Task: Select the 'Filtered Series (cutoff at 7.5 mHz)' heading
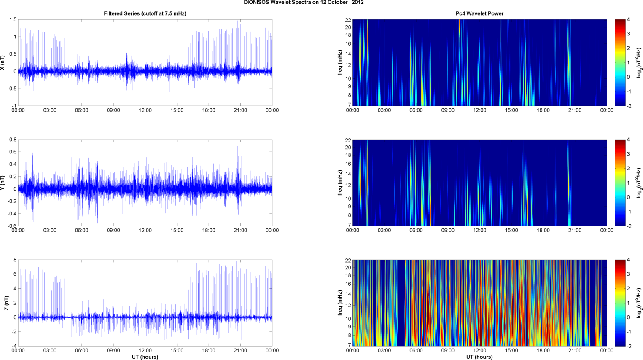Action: click(145, 13)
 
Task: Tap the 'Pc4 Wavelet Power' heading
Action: click(479, 13)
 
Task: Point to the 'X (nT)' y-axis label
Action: click(3, 62)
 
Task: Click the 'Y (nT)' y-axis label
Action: click(3, 183)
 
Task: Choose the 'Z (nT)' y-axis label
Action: click(6, 303)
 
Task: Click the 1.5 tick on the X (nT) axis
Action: click(13, 20)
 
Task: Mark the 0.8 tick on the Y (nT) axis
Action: click(13, 140)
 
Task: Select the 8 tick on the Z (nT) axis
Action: click(15, 260)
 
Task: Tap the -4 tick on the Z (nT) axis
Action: click(13, 346)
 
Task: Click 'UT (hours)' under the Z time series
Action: click(145, 357)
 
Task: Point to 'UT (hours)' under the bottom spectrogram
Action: click(479, 357)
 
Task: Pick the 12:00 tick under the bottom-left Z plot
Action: click(145, 350)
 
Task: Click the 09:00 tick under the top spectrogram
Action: click(448, 110)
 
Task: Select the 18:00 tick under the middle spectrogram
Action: click(543, 231)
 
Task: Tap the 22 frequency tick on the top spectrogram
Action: click(348, 20)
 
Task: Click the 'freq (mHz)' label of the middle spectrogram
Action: click(340, 183)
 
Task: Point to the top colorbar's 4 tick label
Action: click(628, 20)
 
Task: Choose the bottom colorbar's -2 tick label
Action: click(628, 346)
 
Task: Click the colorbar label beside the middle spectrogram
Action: click(639, 183)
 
